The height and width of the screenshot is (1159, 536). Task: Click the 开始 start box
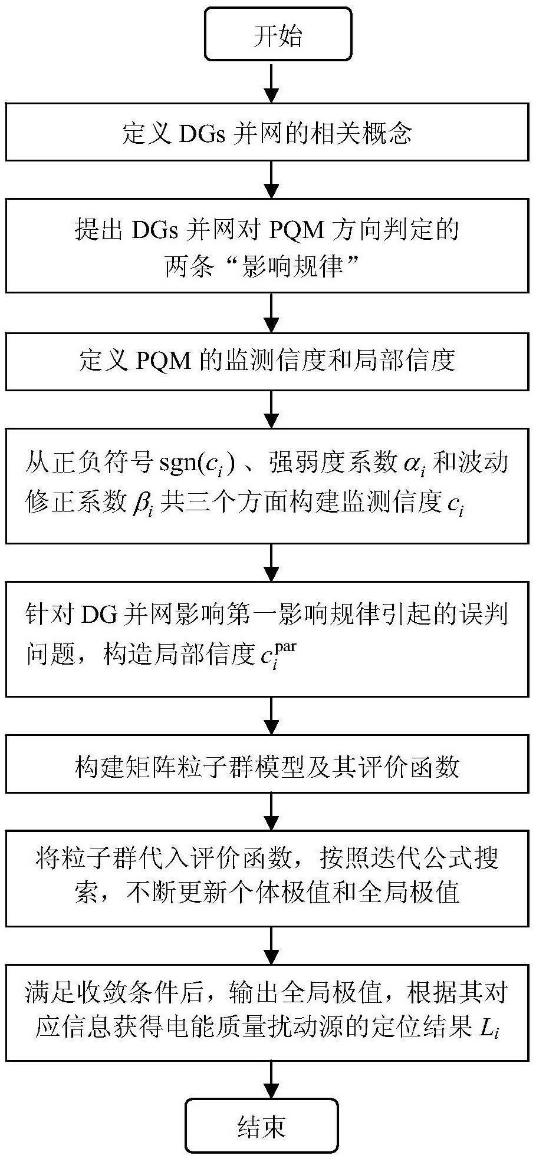coord(278,35)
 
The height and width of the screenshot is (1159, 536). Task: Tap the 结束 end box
coord(261,1127)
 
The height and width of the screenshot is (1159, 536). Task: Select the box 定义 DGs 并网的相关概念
coord(267,133)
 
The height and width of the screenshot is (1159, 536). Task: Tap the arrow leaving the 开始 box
coord(271,82)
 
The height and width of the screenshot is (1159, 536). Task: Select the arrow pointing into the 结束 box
coord(271,1080)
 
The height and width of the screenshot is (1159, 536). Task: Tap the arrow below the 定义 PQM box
coord(271,410)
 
